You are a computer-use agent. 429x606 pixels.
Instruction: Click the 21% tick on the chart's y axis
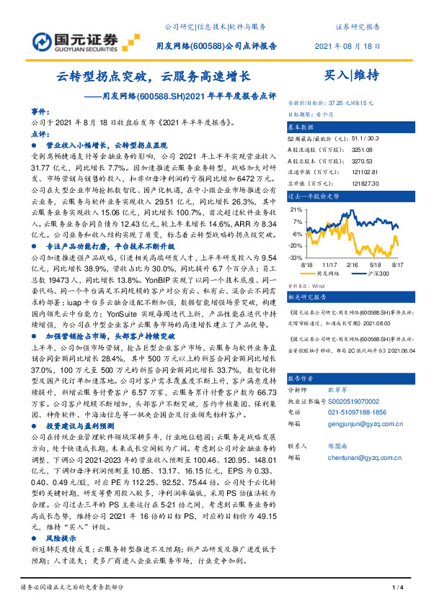coord(295,210)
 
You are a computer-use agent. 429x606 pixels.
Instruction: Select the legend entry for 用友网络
coord(327,274)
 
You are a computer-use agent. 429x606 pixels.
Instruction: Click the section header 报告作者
coord(303,379)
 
